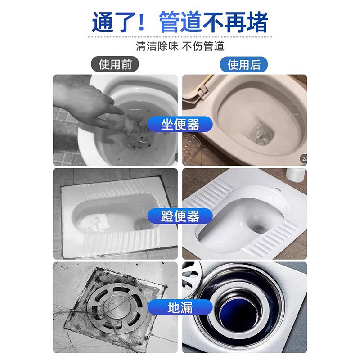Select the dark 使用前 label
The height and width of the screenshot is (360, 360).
(x=115, y=64)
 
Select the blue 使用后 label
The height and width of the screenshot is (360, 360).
(x=243, y=64)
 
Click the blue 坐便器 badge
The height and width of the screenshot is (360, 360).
(x=180, y=124)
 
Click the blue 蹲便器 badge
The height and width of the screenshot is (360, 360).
(x=180, y=216)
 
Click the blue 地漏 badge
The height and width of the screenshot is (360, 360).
(x=180, y=308)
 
